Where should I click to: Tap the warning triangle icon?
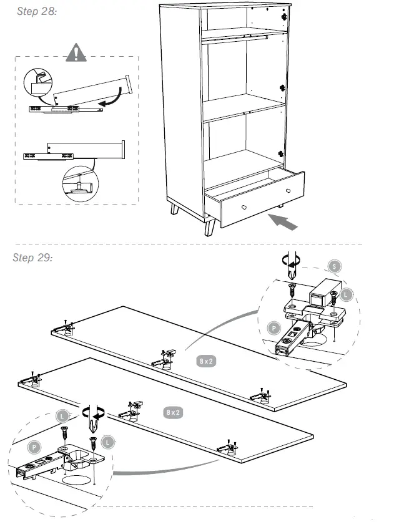[x=76, y=53]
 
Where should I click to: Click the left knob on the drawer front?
[x=244, y=206]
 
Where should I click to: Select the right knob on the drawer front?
[x=288, y=190]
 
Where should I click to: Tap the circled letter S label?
[x=335, y=266]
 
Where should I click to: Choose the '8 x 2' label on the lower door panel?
[x=173, y=412]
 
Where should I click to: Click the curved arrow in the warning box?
[x=113, y=99]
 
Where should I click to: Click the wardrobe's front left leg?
[x=209, y=226]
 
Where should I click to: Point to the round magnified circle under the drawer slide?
[x=79, y=183]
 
